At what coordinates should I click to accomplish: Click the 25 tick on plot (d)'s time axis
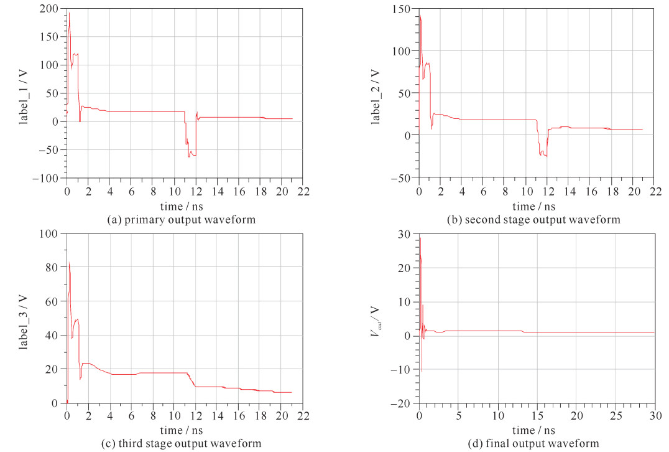pos(616,415)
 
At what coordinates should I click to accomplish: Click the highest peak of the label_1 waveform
pos(68,13)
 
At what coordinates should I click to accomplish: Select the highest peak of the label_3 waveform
pos(68,263)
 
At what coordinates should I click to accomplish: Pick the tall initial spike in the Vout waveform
pos(420,238)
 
